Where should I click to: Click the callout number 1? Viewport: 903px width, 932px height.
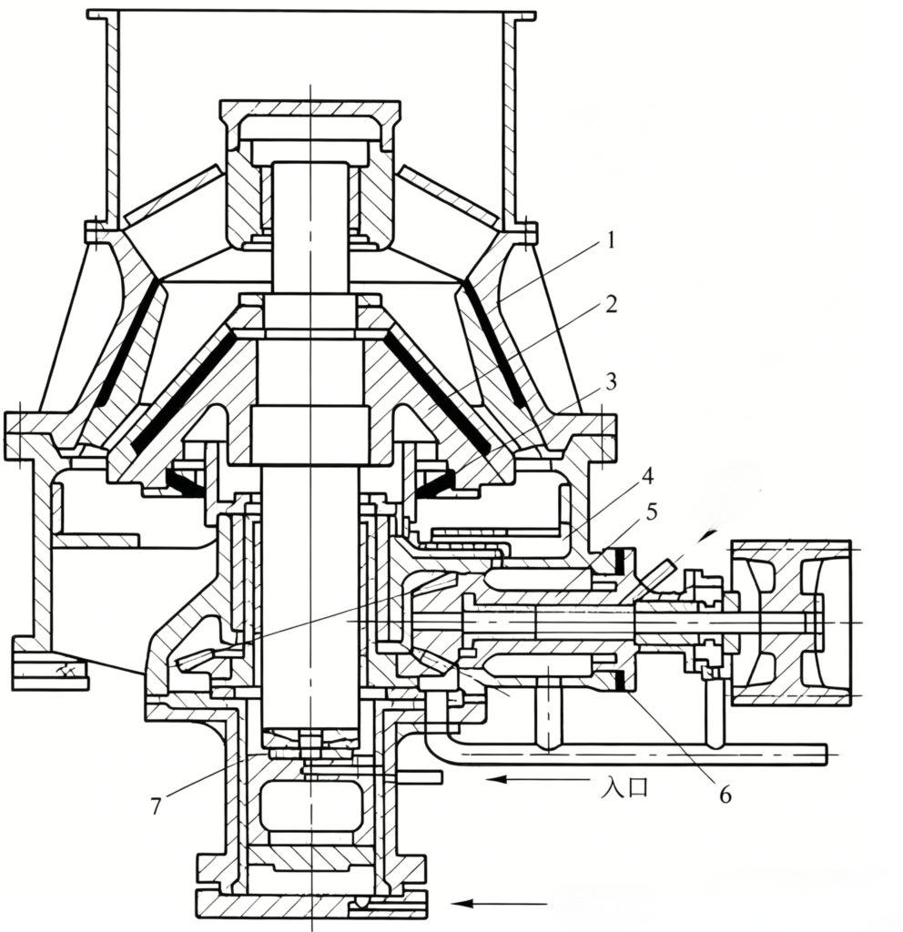click(610, 241)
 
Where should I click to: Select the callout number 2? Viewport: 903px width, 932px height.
click(610, 304)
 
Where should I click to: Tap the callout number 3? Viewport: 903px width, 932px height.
click(610, 381)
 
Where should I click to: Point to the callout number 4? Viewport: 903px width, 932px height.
click(647, 475)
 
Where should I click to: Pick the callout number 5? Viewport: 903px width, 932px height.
click(652, 512)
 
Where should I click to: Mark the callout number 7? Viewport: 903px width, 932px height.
click(156, 806)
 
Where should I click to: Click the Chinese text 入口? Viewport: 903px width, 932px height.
click(624, 788)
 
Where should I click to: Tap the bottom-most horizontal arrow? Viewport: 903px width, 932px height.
click(501, 904)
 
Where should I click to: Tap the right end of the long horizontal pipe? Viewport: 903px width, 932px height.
click(827, 754)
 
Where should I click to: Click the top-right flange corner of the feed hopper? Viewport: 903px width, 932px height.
click(534, 11)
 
